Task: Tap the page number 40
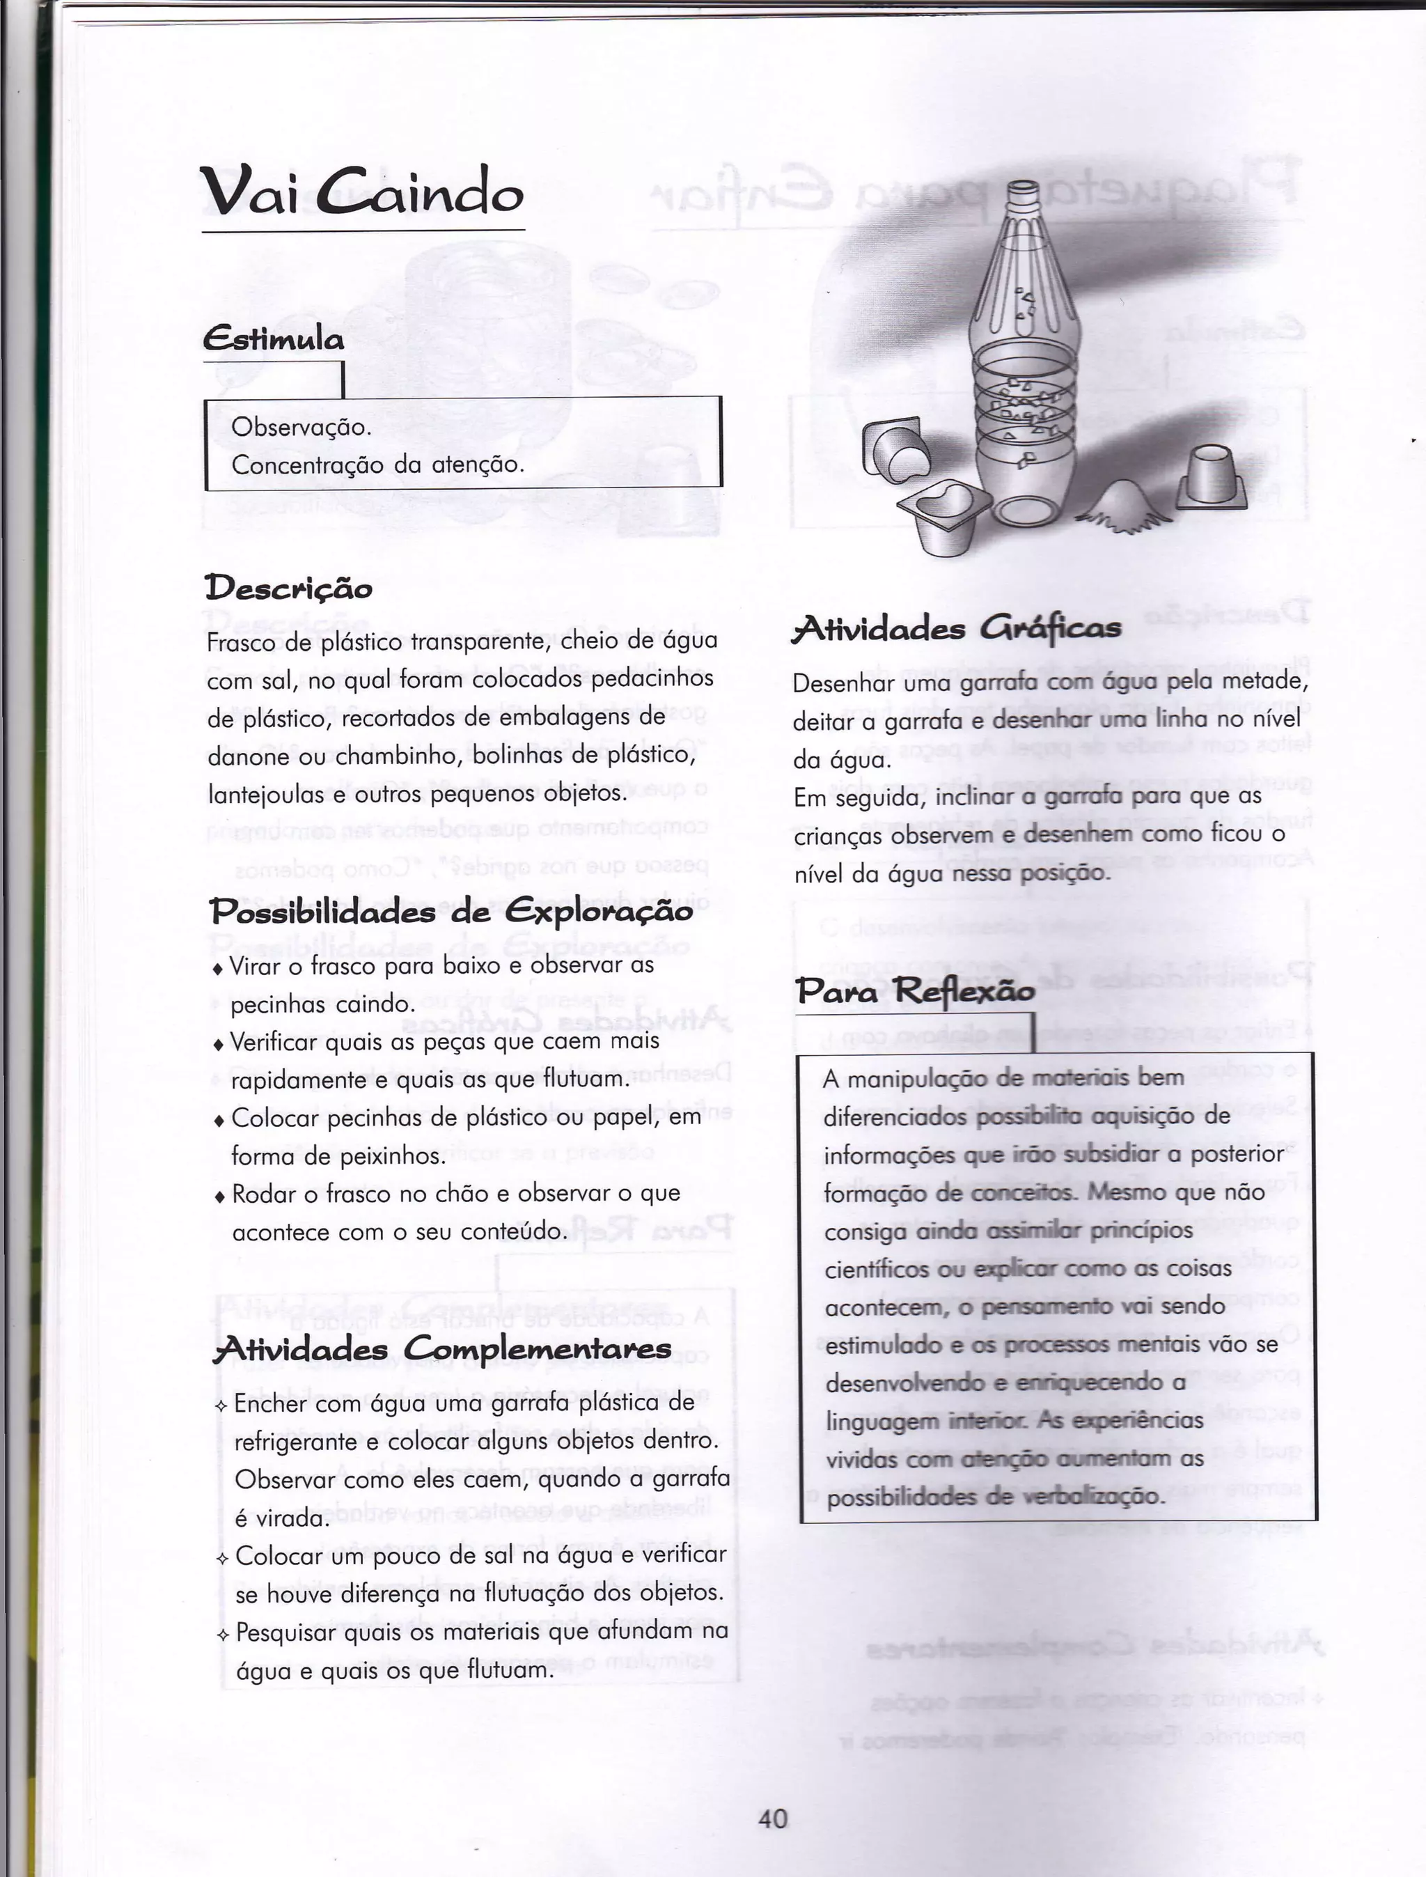(x=772, y=1818)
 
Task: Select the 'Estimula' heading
(x=274, y=340)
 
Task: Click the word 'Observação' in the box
(x=301, y=426)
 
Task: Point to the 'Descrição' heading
(x=288, y=587)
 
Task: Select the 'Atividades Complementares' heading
(x=442, y=1349)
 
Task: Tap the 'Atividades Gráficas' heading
(x=957, y=628)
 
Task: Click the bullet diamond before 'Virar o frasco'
(x=218, y=969)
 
